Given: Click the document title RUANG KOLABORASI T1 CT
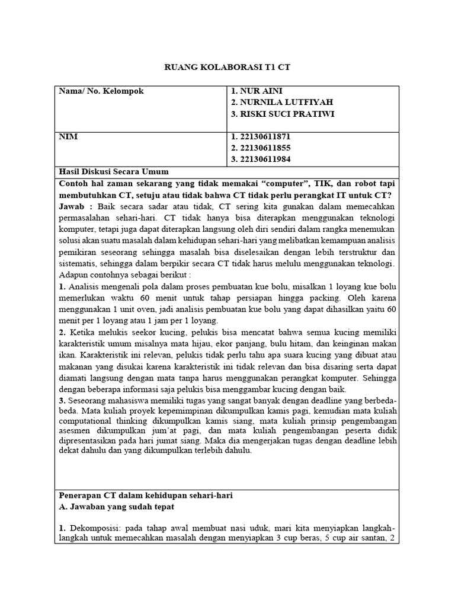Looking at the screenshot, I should pyautogui.click(x=227, y=68).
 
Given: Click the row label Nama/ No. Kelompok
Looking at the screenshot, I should pyautogui.click(x=101, y=91).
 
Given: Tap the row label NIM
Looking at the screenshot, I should pyautogui.click(x=68, y=136).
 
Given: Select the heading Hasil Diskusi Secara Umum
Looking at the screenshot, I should pyautogui.click(x=114, y=171).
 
